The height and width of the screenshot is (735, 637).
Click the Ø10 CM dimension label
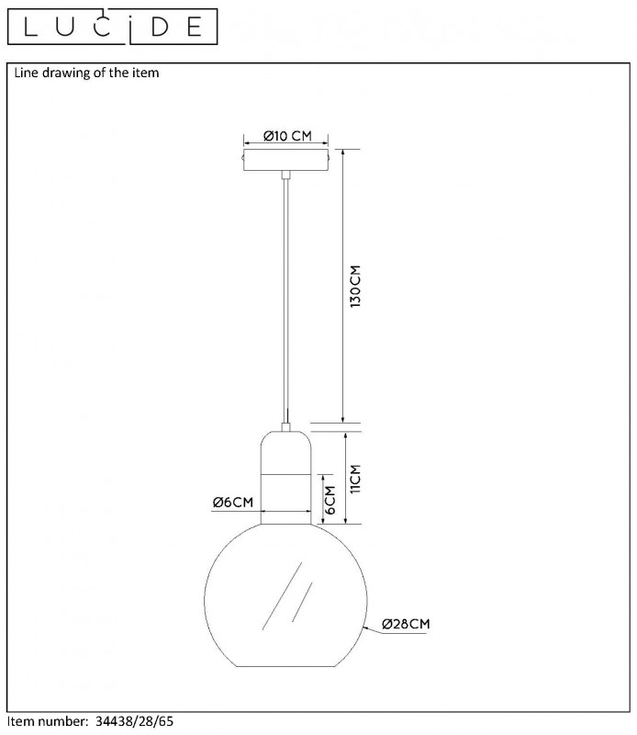point(287,136)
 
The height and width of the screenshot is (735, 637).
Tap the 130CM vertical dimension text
point(356,287)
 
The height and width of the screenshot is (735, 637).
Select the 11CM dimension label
point(355,479)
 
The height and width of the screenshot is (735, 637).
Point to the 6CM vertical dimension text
point(330,500)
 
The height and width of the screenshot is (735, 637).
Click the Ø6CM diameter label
point(233,502)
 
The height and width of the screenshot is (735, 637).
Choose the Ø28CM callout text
point(406,624)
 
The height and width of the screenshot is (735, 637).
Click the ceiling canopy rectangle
point(285,160)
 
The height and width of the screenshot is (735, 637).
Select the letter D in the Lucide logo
point(161,28)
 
